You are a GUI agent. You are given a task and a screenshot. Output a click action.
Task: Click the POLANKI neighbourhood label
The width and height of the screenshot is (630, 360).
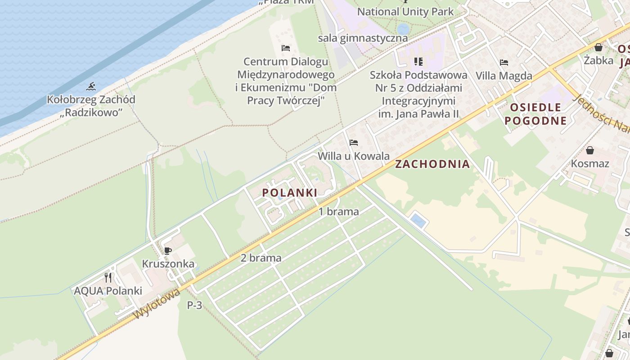coord(289,193)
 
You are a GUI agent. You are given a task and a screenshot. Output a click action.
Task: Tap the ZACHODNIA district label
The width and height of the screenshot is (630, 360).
coord(432,164)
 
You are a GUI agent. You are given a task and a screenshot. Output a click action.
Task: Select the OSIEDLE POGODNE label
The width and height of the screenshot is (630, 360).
coord(535,114)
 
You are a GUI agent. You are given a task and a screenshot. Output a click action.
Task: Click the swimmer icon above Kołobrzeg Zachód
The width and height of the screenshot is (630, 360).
coord(91,86)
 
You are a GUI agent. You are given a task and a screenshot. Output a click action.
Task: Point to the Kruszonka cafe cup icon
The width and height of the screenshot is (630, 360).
coord(168,251)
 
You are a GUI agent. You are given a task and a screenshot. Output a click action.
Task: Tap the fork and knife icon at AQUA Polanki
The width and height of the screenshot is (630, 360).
coord(108,277)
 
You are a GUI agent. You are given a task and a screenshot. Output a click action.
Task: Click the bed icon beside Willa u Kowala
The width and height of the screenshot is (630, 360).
coord(354,143)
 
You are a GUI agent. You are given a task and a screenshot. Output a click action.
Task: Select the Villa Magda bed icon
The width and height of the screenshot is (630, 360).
coord(504,63)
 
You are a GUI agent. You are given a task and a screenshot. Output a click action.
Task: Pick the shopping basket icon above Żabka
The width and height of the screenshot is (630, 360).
coord(598,47)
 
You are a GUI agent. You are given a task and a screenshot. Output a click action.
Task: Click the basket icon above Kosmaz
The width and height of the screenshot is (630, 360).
coord(589,150)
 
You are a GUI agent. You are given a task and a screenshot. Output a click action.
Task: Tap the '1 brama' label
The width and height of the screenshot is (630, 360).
coord(339,211)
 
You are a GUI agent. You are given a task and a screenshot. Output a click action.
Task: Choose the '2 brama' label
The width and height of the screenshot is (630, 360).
coord(261,258)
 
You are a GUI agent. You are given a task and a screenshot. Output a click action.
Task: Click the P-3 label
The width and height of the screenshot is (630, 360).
coord(194,305)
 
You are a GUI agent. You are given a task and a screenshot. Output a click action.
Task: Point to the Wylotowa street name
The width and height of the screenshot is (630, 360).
coord(157,304)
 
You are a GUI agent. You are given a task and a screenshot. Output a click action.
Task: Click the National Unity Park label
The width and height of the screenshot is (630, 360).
coord(405,12)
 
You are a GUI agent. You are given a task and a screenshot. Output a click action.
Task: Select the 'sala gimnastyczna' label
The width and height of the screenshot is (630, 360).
coord(363,38)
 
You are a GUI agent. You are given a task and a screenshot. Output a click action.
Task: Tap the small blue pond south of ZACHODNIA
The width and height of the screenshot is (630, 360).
coord(418,220)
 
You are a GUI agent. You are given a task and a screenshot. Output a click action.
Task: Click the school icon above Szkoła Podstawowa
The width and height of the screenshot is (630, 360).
coord(418,62)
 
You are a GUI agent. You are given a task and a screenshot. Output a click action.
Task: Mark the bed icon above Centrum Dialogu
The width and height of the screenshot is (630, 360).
coord(286,48)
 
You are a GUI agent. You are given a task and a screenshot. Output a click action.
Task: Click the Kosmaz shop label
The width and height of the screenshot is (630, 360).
coord(589,163)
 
